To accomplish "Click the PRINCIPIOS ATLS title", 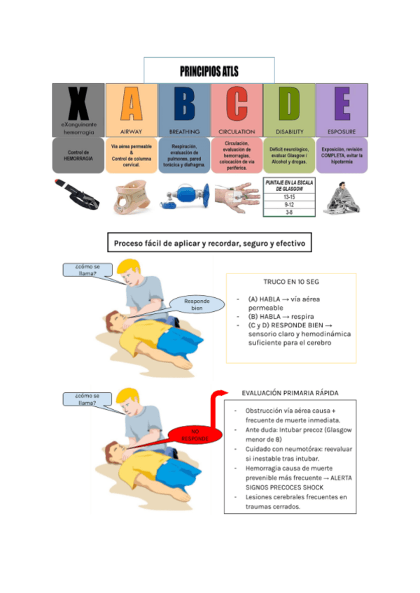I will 209,71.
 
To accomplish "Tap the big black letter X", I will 78,104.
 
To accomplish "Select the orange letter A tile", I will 132,104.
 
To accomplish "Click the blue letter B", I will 184,104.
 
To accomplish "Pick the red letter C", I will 237,104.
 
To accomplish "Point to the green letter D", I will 289,104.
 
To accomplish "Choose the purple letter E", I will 342,104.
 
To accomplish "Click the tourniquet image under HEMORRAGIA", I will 78,196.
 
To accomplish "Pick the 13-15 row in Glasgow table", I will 288,197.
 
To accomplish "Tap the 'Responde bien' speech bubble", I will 197,304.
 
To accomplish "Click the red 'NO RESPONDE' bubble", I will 195,435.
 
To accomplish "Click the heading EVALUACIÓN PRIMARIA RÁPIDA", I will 290,393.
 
